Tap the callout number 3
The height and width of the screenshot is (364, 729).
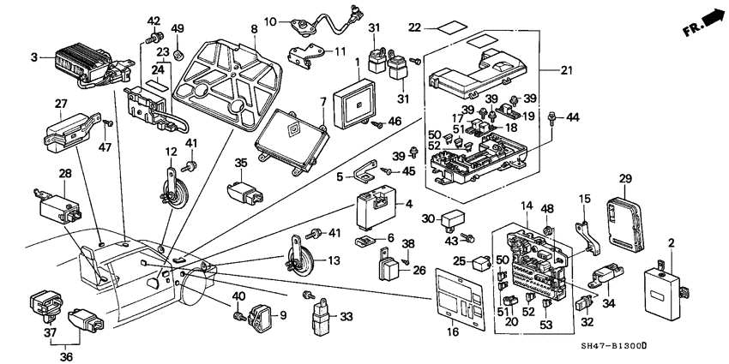click(x=33, y=57)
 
